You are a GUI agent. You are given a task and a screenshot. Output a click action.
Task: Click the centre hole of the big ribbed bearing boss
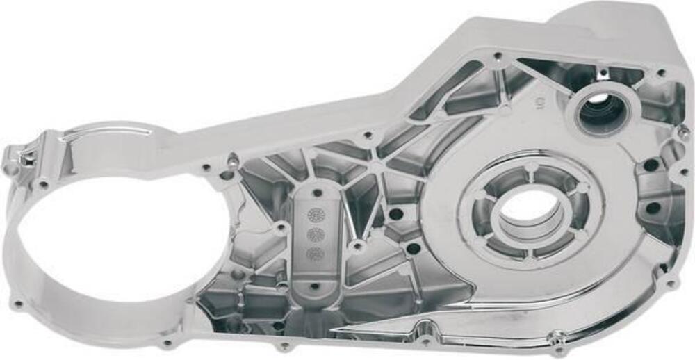click(x=530, y=212)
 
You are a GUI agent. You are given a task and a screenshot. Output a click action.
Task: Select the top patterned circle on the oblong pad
click(x=316, y=215)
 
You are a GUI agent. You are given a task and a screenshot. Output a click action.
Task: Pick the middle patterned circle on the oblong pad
click(x=316, y=234)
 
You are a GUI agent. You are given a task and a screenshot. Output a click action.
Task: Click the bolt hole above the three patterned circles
click(x=317, y=193)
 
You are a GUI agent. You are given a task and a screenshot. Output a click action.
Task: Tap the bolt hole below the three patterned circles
click(x=314, y=286)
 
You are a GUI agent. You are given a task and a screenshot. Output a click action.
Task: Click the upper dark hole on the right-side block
click(x=651, y=165)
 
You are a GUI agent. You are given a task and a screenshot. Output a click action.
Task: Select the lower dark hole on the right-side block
click(x=653, y=208)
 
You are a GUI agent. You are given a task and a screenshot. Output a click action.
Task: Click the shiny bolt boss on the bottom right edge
click(x=556, y=338)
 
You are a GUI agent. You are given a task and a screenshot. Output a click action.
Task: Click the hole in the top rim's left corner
click(x=498, y=56)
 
